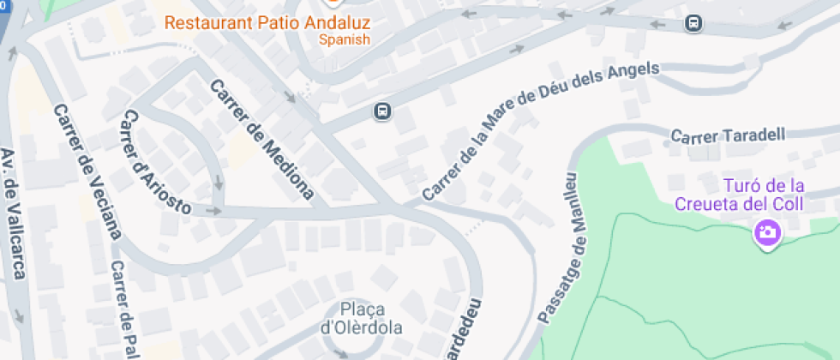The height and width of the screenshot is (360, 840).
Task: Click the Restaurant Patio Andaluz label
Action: (267, 21)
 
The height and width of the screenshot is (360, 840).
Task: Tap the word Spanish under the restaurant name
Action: (345, 39)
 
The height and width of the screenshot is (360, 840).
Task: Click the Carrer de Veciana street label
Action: (88, 171)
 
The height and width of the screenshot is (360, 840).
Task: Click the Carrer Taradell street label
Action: (728, 135)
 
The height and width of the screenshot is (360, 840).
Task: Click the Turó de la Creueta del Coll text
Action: (739, 195)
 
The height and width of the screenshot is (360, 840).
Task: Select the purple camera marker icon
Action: (766, 231)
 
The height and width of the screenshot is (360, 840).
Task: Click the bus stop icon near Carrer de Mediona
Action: (382, 111)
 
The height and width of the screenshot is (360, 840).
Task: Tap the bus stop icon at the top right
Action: (693, 23)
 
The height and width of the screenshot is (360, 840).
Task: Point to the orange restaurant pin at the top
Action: (329, 3)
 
